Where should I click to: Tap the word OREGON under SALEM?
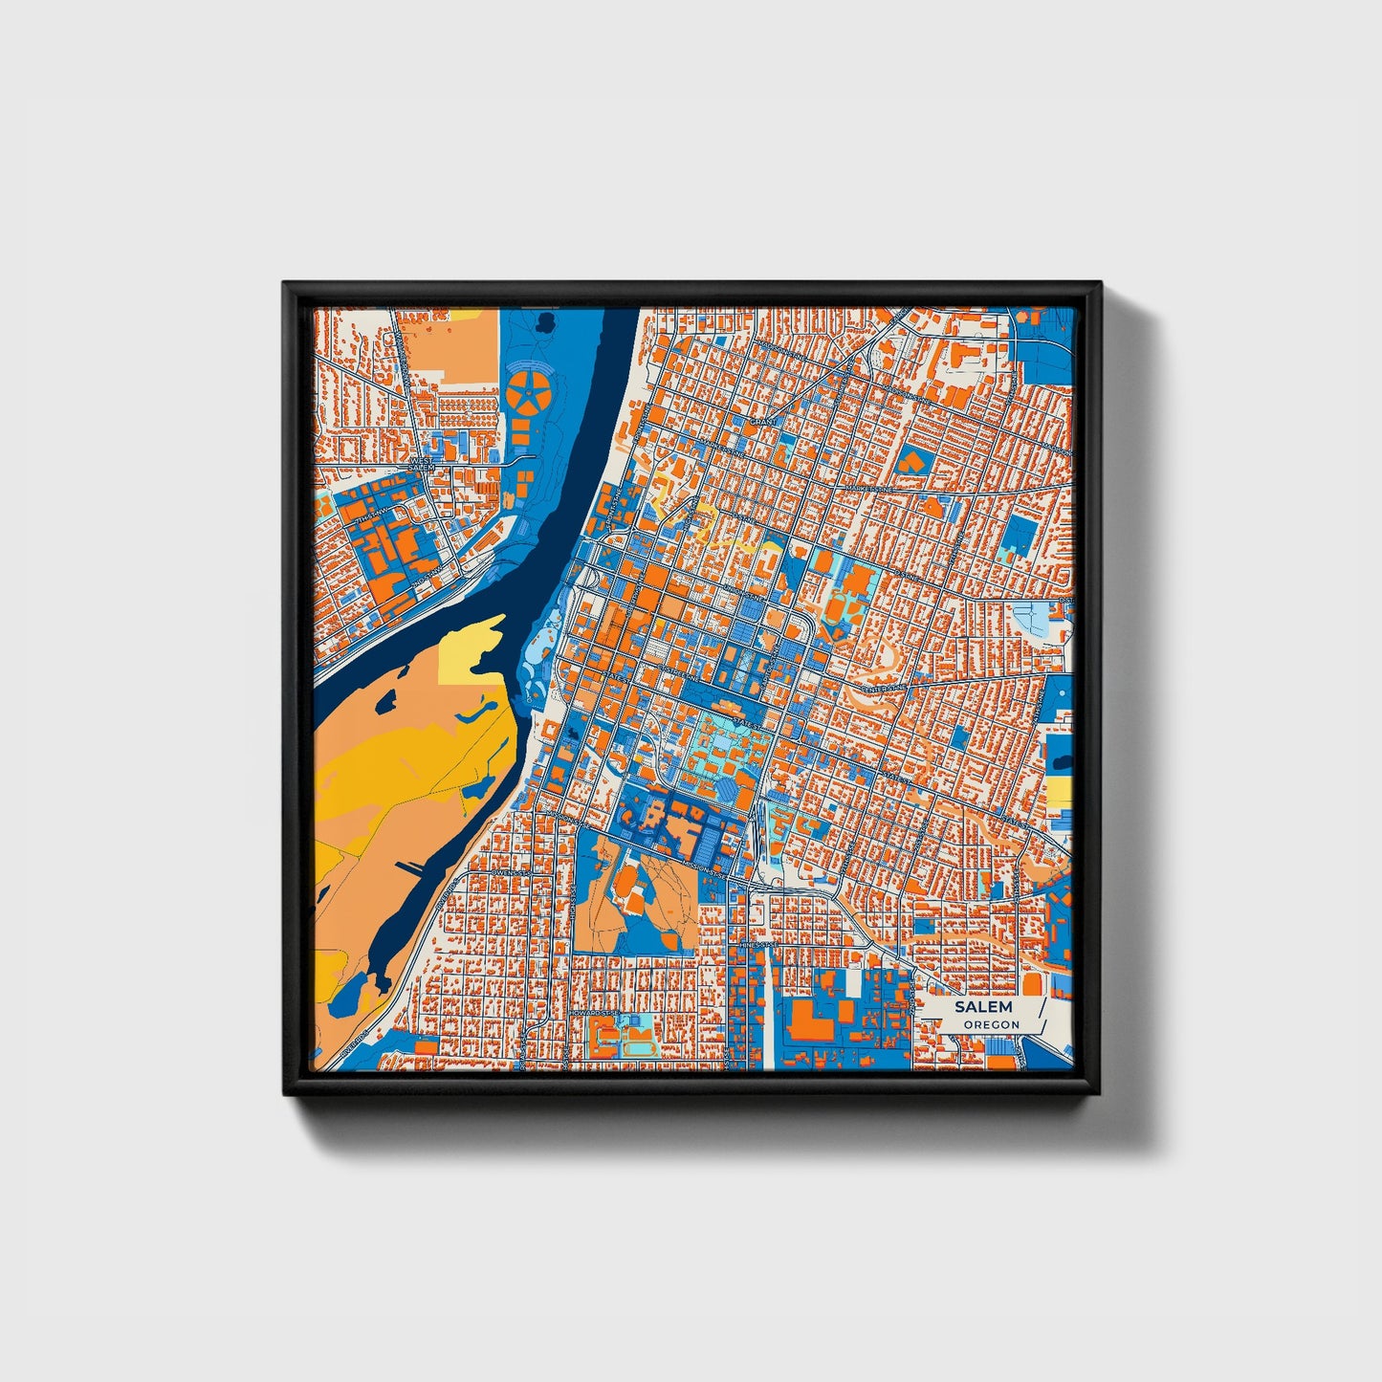[991, 1024]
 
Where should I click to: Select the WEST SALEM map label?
[422, 464]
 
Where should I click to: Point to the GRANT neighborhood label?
[763, 421]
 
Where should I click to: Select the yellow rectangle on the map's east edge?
[1059, 791]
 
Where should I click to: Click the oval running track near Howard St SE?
[634, 1046]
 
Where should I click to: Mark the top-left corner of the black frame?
[285, 284]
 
